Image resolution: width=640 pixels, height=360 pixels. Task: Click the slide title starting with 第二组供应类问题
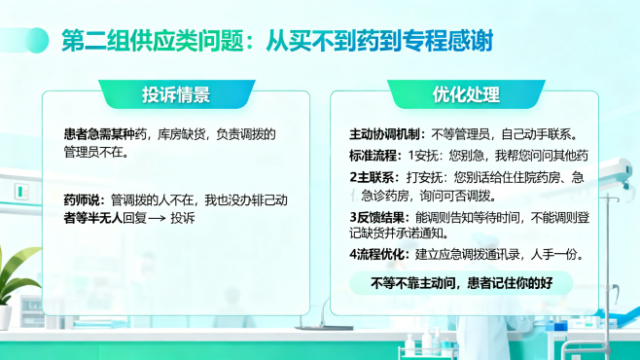pos(276,42)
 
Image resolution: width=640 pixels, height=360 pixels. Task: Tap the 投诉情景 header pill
pos(176,94)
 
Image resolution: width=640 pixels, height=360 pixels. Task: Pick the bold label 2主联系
pos(369,178)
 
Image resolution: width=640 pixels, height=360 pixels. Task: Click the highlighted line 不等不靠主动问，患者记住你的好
pos(462,283)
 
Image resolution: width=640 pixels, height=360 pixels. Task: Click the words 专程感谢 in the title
pos(456,42)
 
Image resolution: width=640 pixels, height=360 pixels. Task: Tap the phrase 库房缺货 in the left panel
pos(181,134)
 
